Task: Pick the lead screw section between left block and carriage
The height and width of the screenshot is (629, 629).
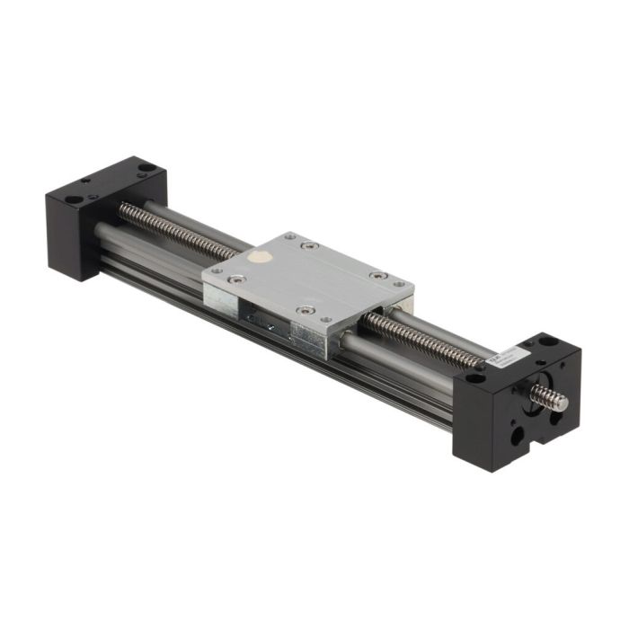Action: [x=180, y=229]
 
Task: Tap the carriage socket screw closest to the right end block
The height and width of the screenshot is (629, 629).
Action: [x=378, y=275]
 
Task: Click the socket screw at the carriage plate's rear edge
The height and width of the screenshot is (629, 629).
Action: [x=309, y=244]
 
